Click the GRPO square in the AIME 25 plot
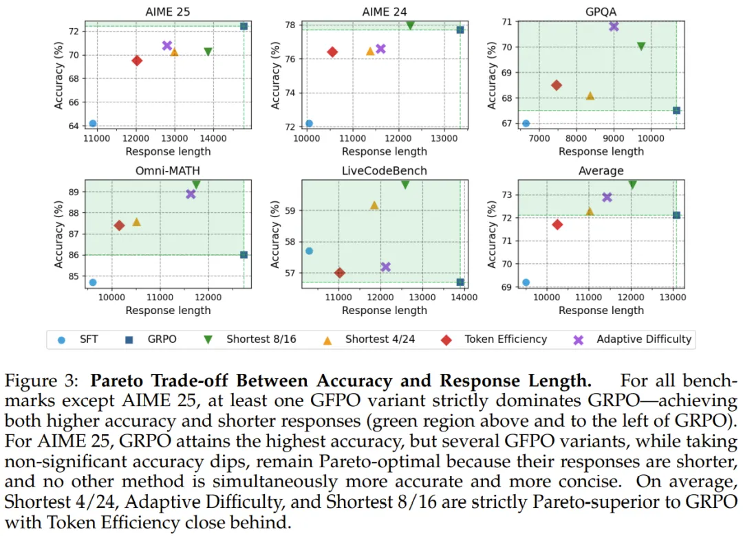click(x=244, y=26)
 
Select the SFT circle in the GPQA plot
click(x=526, y=124)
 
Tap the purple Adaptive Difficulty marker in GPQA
click(x=614, y=26)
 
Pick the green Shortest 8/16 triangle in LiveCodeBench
click(x=405, y=184)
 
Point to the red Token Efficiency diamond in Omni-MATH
click(x=119, y=225)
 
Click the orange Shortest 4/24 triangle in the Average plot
click(x=590, y=211)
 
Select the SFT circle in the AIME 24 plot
click(x=309, y=124)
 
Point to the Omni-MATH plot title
click(x=168, y=170)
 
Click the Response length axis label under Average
click(x=601, y=311)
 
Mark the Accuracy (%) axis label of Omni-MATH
click(x=60, y=231)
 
